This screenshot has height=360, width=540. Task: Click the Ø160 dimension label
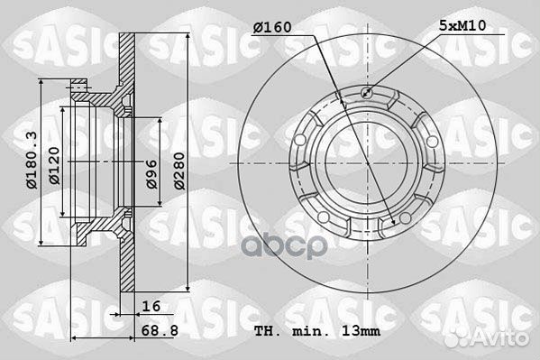272,27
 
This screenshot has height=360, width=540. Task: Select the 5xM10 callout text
462,25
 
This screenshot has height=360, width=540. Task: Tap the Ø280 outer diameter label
179,171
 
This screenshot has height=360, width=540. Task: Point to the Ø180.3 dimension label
32,161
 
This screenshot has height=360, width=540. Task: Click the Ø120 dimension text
54,165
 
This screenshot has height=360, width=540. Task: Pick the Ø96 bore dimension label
151,174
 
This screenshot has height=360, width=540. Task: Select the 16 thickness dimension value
151,306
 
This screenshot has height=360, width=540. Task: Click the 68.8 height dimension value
160,331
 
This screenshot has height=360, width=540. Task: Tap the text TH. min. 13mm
317,331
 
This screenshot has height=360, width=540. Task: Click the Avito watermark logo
486,337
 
